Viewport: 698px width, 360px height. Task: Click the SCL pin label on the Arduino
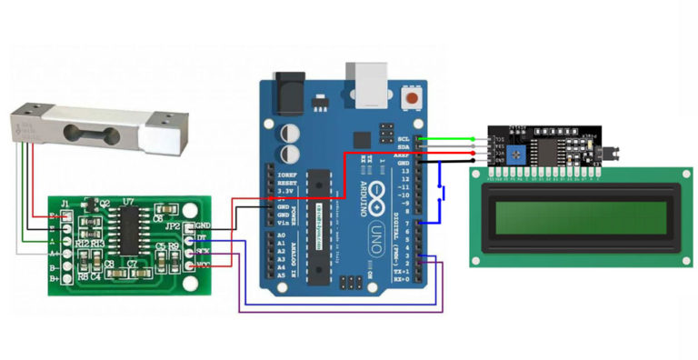[404, 139]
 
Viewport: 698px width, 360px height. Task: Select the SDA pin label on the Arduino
[404, 147]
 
